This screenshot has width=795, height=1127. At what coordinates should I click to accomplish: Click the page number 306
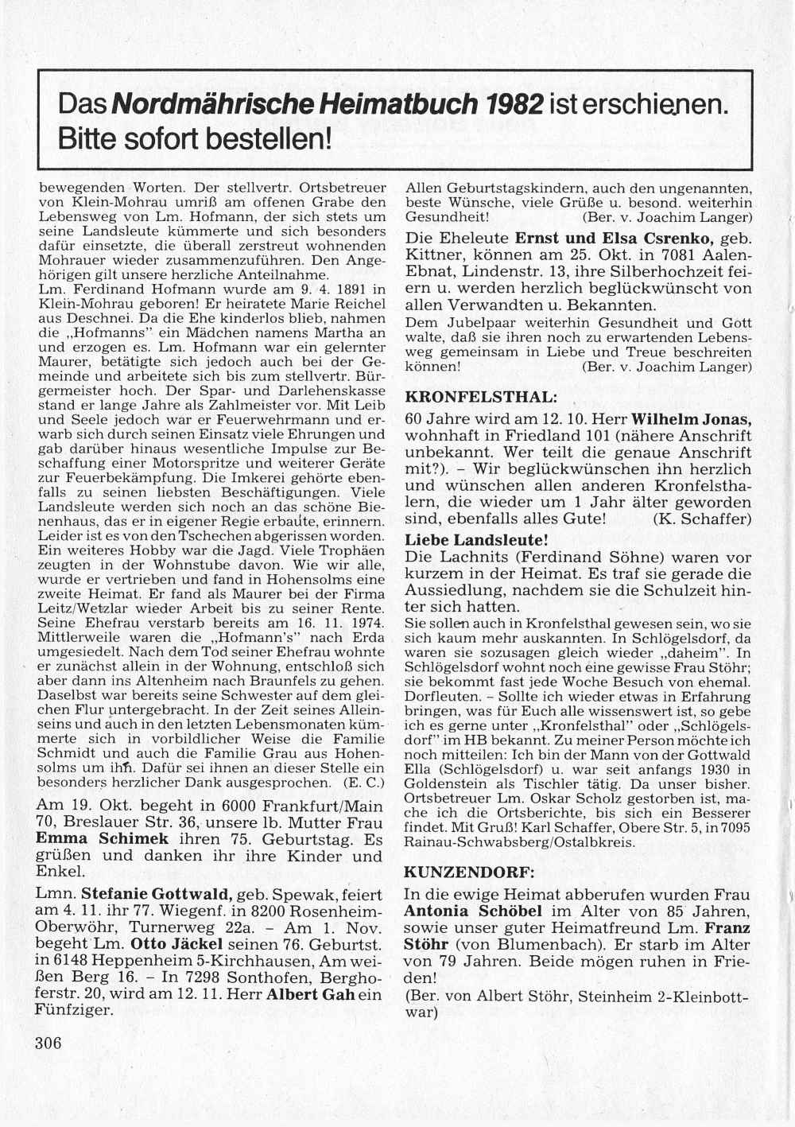click(x=48, y=1043)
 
